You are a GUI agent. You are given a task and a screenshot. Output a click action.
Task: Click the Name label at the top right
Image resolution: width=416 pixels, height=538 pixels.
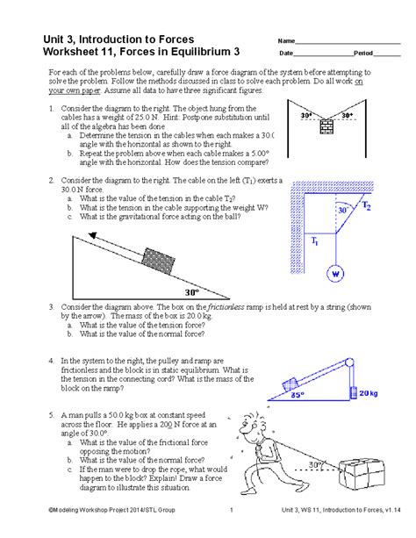point(286,41)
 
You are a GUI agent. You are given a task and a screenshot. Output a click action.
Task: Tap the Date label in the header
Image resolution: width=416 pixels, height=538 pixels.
point(286,54)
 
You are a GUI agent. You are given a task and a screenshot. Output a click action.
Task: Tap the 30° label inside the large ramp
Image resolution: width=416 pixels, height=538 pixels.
point(191,291)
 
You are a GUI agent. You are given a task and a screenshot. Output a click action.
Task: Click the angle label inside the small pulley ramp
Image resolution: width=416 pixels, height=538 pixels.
point(298,395)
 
